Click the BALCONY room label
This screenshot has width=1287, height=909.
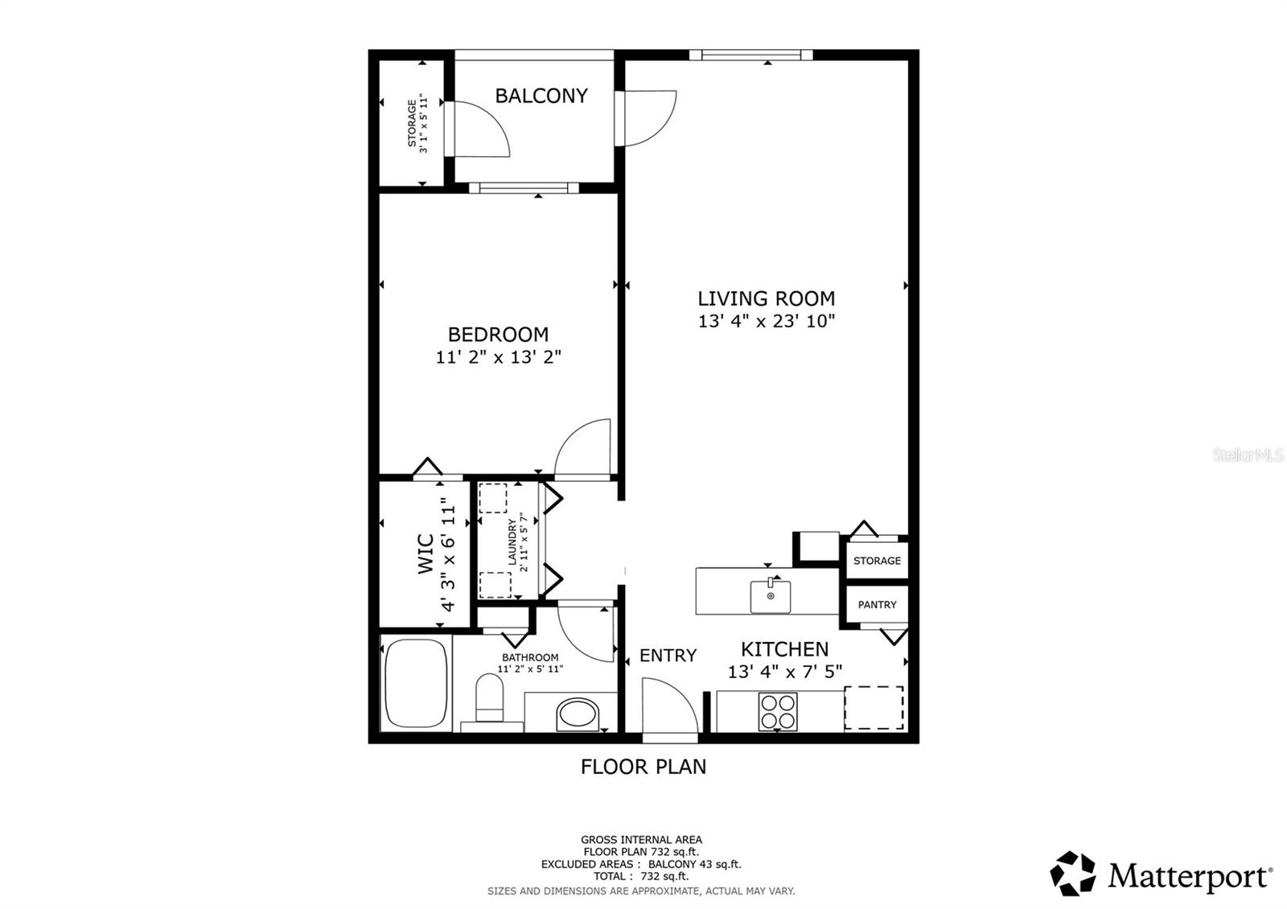coord(541,96)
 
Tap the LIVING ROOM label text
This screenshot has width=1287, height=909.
coord(766,298)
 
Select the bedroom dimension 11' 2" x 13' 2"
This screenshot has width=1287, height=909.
coord(498,357)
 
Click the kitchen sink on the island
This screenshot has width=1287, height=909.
coord(770,596)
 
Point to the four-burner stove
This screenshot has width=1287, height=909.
coord(778,711)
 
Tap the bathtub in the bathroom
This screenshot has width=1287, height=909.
coord(416,683)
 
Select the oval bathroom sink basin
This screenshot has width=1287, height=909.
coord(578,714)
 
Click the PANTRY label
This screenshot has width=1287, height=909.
coord(877,604)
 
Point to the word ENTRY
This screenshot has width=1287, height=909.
coord(668,655)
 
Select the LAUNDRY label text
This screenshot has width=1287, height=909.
coord(512,542)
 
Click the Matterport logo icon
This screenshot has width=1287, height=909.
coord(1073,874)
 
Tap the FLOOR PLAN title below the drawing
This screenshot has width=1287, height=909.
coord(643,767)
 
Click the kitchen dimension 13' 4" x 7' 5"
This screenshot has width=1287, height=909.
coord(785,671)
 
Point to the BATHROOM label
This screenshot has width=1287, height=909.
coord(530,657)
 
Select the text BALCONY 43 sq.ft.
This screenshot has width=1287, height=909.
coord(695,864)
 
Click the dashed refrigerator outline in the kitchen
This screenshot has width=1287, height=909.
coord(874,708)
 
